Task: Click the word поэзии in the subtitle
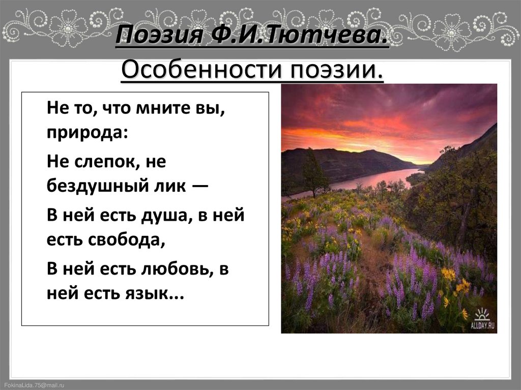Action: (336, 68)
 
